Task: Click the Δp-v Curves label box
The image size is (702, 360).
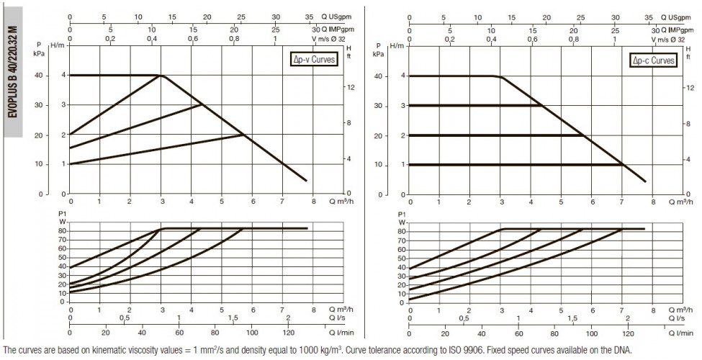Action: point(312,59)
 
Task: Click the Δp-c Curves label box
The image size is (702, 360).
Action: point(654,60)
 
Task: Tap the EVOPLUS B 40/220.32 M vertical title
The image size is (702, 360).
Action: point(13,72)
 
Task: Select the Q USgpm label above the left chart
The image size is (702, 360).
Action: point(336,17)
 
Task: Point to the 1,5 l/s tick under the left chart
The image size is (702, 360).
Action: point(233,318)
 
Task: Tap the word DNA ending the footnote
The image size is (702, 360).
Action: point(624,350)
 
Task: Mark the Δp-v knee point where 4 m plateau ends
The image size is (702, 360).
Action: point(161,75)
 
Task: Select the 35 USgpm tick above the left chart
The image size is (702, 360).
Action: point(309,17)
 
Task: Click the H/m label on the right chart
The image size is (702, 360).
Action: point(397,45)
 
